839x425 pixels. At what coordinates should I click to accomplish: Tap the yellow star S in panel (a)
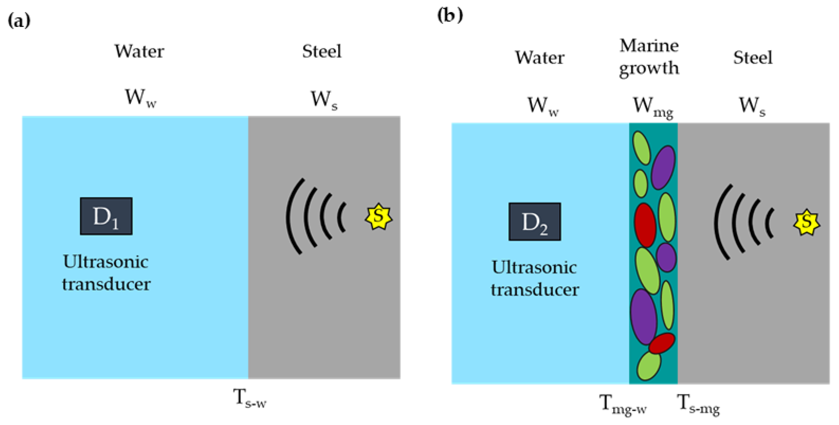pyautogui.click(x=378, y=217)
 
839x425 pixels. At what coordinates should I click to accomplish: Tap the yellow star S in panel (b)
pyautogui.click(x=806, y=222)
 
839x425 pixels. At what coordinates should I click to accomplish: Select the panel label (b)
pyautogui.click(x=450, y=15)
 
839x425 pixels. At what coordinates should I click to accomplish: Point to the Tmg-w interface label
pyautogui.click(x=622, y=404)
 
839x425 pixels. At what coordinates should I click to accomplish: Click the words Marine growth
pyautogui.click(x=649, y=57)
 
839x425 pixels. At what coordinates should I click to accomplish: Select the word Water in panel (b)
pyautogui.click(x=539, y=58)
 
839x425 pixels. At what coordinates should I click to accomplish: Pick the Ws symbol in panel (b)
pyautogui.click(x=752, y=106)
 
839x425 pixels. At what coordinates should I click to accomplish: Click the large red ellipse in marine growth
pyautogui.click(x=645, y=225)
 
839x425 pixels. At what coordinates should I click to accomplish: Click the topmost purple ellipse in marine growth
pyautogui.click(x=663, y=167)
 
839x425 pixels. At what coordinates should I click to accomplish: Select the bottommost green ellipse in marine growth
pyautogui.click(x=649, y=366)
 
